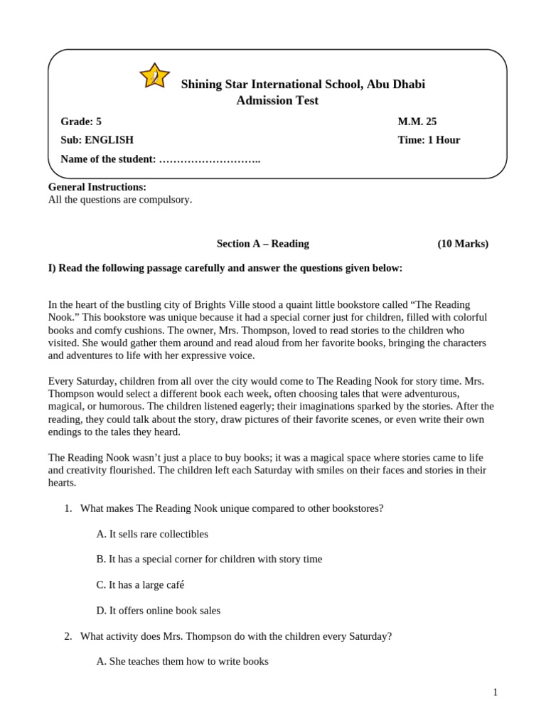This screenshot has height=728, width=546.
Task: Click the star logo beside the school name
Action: pos(154,76)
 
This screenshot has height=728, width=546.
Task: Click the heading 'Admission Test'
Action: pos(277,101)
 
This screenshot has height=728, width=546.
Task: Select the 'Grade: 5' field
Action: pos(81,122)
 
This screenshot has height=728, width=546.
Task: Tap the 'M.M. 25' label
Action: pos(417,122)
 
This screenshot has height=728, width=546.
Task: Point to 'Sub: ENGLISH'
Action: pos(97,140)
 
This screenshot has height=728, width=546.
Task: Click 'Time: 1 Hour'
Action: pos(429,140)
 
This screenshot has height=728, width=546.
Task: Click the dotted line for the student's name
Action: pos(210,159)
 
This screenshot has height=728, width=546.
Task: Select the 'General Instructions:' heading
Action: pos(97,187)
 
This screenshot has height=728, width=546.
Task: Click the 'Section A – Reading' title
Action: pos(262,244)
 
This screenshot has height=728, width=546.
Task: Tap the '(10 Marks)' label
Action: pos(463,244)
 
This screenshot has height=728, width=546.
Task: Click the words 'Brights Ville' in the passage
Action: pos(259,304)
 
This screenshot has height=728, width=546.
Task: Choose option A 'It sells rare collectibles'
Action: pos(152,534)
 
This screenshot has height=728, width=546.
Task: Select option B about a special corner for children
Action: pos(209,560)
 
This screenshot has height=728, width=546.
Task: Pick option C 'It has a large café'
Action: pos(140,585)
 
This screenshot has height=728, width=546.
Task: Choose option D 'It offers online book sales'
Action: pos(158,611)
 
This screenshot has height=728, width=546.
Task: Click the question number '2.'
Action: pos(68,636)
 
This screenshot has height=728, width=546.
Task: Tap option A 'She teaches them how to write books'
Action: pos(182,661)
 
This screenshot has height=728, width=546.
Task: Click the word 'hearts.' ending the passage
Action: pos(62,483)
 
